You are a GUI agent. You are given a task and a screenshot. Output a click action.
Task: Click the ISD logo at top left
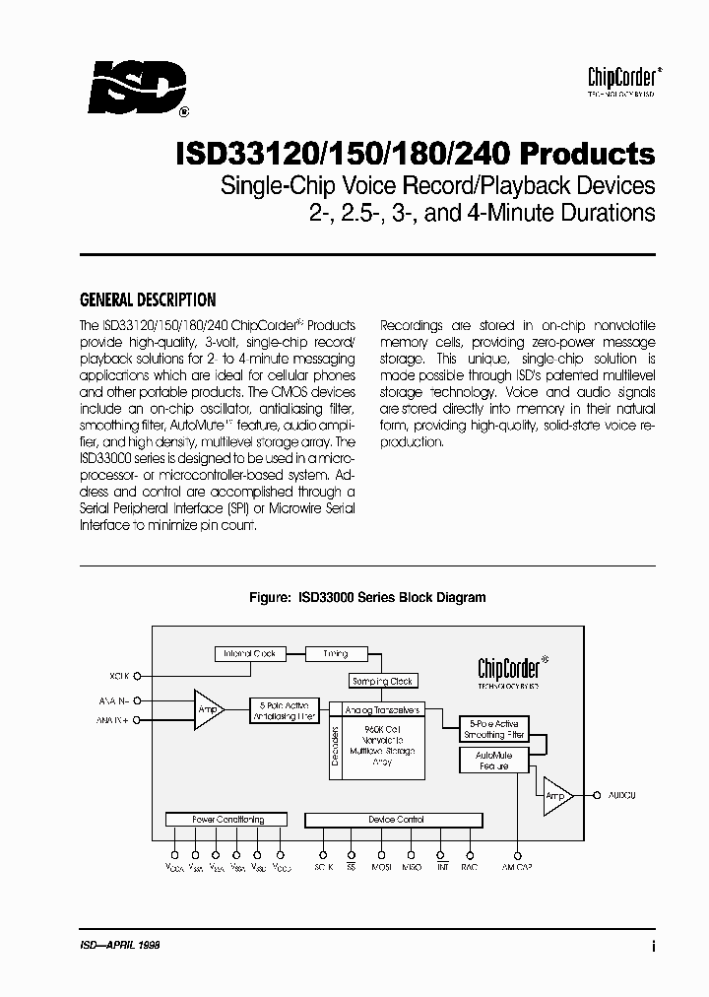[137, 88]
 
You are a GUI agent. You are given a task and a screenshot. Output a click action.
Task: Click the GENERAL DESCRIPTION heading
[147, 299]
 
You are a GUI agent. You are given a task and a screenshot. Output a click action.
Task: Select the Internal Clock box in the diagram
[249, 653]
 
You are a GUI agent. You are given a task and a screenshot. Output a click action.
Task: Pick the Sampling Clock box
[382, 681]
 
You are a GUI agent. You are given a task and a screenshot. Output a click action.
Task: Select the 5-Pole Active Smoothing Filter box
[493, 730]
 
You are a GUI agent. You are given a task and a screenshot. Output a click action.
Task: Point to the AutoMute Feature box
[493, 761]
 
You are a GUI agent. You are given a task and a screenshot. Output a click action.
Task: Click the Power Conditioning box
[226, 820]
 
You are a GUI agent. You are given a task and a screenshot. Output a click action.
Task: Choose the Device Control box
[394, 820]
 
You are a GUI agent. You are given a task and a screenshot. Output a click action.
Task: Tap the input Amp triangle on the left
[207, 710]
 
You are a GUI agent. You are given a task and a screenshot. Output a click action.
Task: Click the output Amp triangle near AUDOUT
[556, 795]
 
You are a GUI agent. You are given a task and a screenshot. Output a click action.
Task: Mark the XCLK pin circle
[137, 677]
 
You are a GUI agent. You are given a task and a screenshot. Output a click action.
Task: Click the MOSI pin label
[380, 868]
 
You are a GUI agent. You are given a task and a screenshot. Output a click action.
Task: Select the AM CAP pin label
[518, 868]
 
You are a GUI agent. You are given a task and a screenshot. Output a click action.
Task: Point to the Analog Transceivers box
[382, 709]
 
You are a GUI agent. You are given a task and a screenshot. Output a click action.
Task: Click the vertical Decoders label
[337, 748]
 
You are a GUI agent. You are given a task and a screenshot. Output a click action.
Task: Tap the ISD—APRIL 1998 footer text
[119, 944]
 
